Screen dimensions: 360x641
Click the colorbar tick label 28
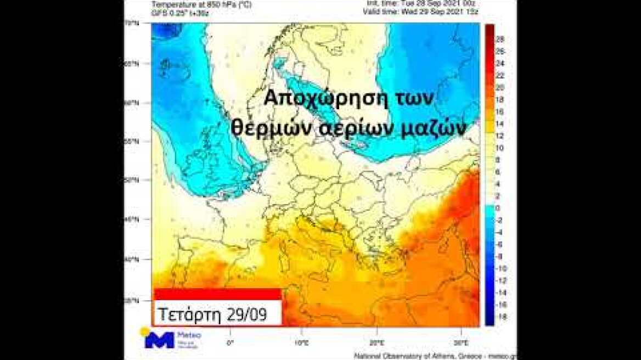(x=500, y=39)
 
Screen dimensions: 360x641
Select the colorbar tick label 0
(x=498, y=209)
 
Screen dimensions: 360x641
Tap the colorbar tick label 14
(x=499, y=123)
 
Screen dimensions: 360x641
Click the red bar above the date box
(x=217, y=294)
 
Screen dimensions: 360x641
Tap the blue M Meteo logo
(x=159, y=340)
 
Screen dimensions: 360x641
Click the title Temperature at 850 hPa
(x=187, y=3)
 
